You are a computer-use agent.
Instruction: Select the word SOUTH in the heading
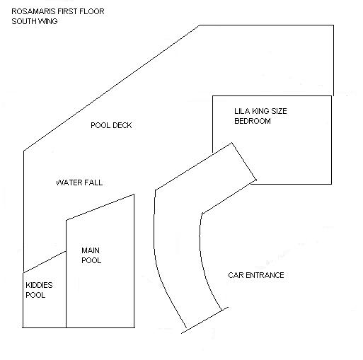[23, 21]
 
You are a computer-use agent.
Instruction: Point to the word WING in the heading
[48, 21]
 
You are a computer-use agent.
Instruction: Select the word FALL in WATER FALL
[94, 182]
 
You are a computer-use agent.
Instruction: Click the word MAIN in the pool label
[91, 250]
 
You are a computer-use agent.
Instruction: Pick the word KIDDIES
[39, 285]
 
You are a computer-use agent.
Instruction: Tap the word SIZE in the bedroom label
[280, 111]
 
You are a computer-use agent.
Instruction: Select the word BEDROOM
[253, 121]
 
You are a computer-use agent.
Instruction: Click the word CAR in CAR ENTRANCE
[236, 275]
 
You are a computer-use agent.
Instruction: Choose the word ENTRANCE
[265, 275]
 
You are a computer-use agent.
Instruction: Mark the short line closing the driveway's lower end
[204, 320]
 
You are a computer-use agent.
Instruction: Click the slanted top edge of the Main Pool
[100, 207]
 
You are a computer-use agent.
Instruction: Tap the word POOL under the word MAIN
[91, 260]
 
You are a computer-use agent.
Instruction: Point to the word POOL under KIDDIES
[35, 295]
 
